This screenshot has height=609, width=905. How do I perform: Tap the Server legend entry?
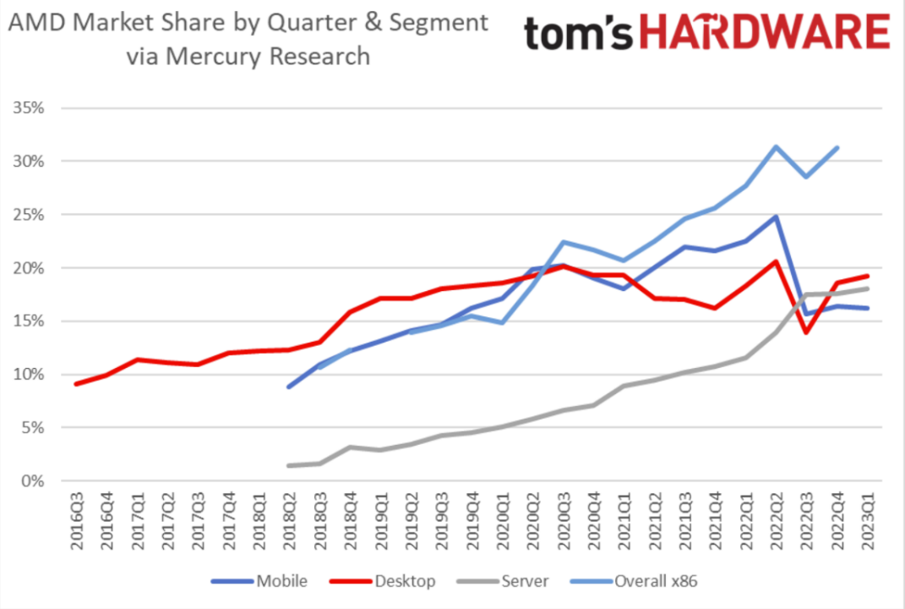click(525, 581)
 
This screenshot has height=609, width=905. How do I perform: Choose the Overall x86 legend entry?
click(656, 581)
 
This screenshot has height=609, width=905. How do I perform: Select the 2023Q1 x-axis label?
click(867, 524)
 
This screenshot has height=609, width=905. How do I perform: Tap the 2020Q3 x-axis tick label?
click(564, 524)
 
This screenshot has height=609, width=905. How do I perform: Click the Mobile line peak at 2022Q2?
click(776, 217)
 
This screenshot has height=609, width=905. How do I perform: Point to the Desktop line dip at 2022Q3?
click(806, 332)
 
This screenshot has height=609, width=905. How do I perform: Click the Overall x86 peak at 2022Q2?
click(776, 146)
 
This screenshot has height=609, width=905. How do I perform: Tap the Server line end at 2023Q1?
click(867, 288)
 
